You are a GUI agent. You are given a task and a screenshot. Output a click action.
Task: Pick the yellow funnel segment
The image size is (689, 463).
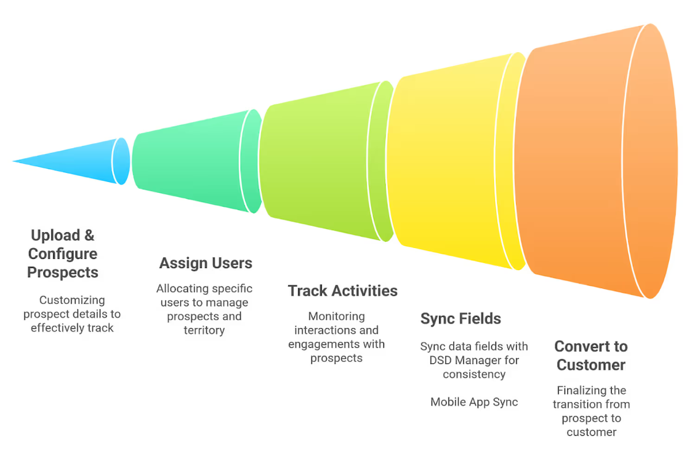click(x=445, y=161)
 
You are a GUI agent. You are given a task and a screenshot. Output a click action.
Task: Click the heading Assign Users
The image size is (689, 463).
click(x=206, y=263)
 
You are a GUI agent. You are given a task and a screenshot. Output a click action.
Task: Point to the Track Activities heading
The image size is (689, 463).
click(x=343, y=291)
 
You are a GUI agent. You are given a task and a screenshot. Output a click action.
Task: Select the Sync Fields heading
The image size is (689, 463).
click(x=460, y=319)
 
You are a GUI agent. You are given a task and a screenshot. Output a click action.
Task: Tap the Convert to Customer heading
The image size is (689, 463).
click(x=591, y=356)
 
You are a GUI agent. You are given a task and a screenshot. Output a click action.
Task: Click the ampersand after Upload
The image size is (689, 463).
click(x=89, y=235)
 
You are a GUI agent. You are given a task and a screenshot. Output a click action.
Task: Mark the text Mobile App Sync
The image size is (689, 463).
click(x=474, y=402)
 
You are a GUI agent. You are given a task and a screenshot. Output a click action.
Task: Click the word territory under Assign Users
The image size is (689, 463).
click(x=204, y=330)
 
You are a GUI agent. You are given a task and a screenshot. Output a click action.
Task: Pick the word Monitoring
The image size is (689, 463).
click(x=336, y=316)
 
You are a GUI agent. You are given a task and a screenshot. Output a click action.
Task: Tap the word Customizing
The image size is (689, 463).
click(x=72, y=300)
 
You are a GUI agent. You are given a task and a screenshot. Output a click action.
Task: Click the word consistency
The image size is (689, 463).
click(x=474, y=374)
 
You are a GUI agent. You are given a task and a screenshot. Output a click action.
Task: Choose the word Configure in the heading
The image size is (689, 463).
click(x=63, y=254)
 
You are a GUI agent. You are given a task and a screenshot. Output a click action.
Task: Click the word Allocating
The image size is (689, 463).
click(x=181, y=288)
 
